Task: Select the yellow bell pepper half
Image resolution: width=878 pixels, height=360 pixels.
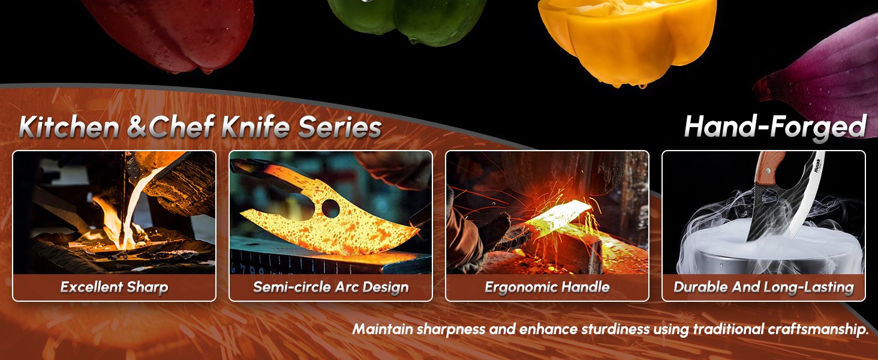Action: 627,37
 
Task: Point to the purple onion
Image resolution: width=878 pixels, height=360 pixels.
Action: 823,79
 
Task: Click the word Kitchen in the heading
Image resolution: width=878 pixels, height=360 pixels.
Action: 69,127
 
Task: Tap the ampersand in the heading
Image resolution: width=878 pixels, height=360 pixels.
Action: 137,127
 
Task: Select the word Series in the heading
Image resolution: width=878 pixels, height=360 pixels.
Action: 340,127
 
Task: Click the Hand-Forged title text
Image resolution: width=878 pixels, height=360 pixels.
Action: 775,127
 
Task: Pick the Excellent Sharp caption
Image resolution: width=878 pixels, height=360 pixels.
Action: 114,287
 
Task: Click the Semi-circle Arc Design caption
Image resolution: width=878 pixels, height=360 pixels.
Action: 331,287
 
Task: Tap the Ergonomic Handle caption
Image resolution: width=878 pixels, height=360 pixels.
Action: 547,287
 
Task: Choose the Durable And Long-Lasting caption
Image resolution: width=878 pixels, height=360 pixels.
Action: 763,287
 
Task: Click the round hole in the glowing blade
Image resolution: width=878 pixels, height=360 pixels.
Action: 330,208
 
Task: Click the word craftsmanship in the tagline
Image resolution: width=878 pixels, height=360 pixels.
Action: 818,329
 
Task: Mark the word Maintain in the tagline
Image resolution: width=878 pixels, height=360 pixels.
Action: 383,329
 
